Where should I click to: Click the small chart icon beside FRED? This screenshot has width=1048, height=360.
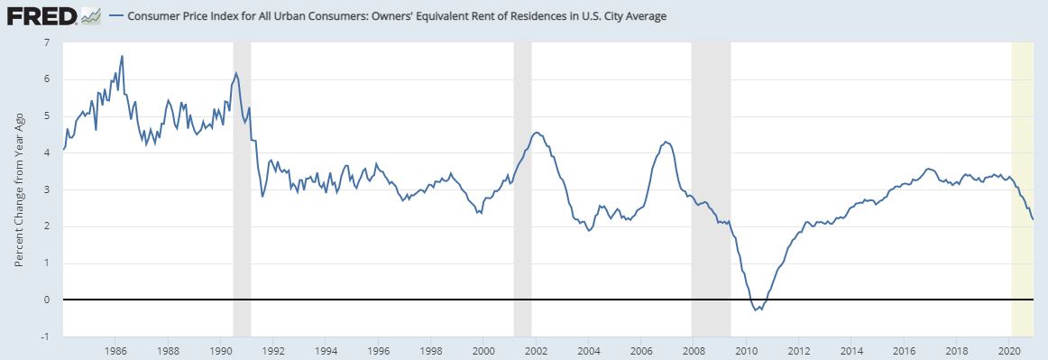pyautogui.click(x=90, y=16)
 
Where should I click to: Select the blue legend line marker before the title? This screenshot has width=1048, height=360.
pyautogui.click(x=115, y=17)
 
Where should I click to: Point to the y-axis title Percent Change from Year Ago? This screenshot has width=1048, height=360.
pyautogui.click(x=19, y=189)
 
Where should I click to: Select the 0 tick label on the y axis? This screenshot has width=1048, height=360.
pyautogui.click(x=47, y=300)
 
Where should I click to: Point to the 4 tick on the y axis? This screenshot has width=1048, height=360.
pyautogui.click(x=47, y=152)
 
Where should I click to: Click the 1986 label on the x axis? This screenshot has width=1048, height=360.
pyautogui.click(x=115, y=348)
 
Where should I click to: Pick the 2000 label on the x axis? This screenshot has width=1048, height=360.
pyautogui.click(x=483, y=348)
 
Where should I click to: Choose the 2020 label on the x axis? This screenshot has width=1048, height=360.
pyautogui.click(x=1010, y=348)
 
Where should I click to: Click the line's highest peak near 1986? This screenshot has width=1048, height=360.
pyautogui.click(x=122, y=56)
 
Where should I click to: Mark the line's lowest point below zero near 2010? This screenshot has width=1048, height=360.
pyautogui.click(x=755, y=311)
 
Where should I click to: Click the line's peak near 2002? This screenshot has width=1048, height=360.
pyautogui.click(x=536, y=133)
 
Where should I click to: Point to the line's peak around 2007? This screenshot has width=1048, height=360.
pyautogui.click(x=665, y=142)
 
